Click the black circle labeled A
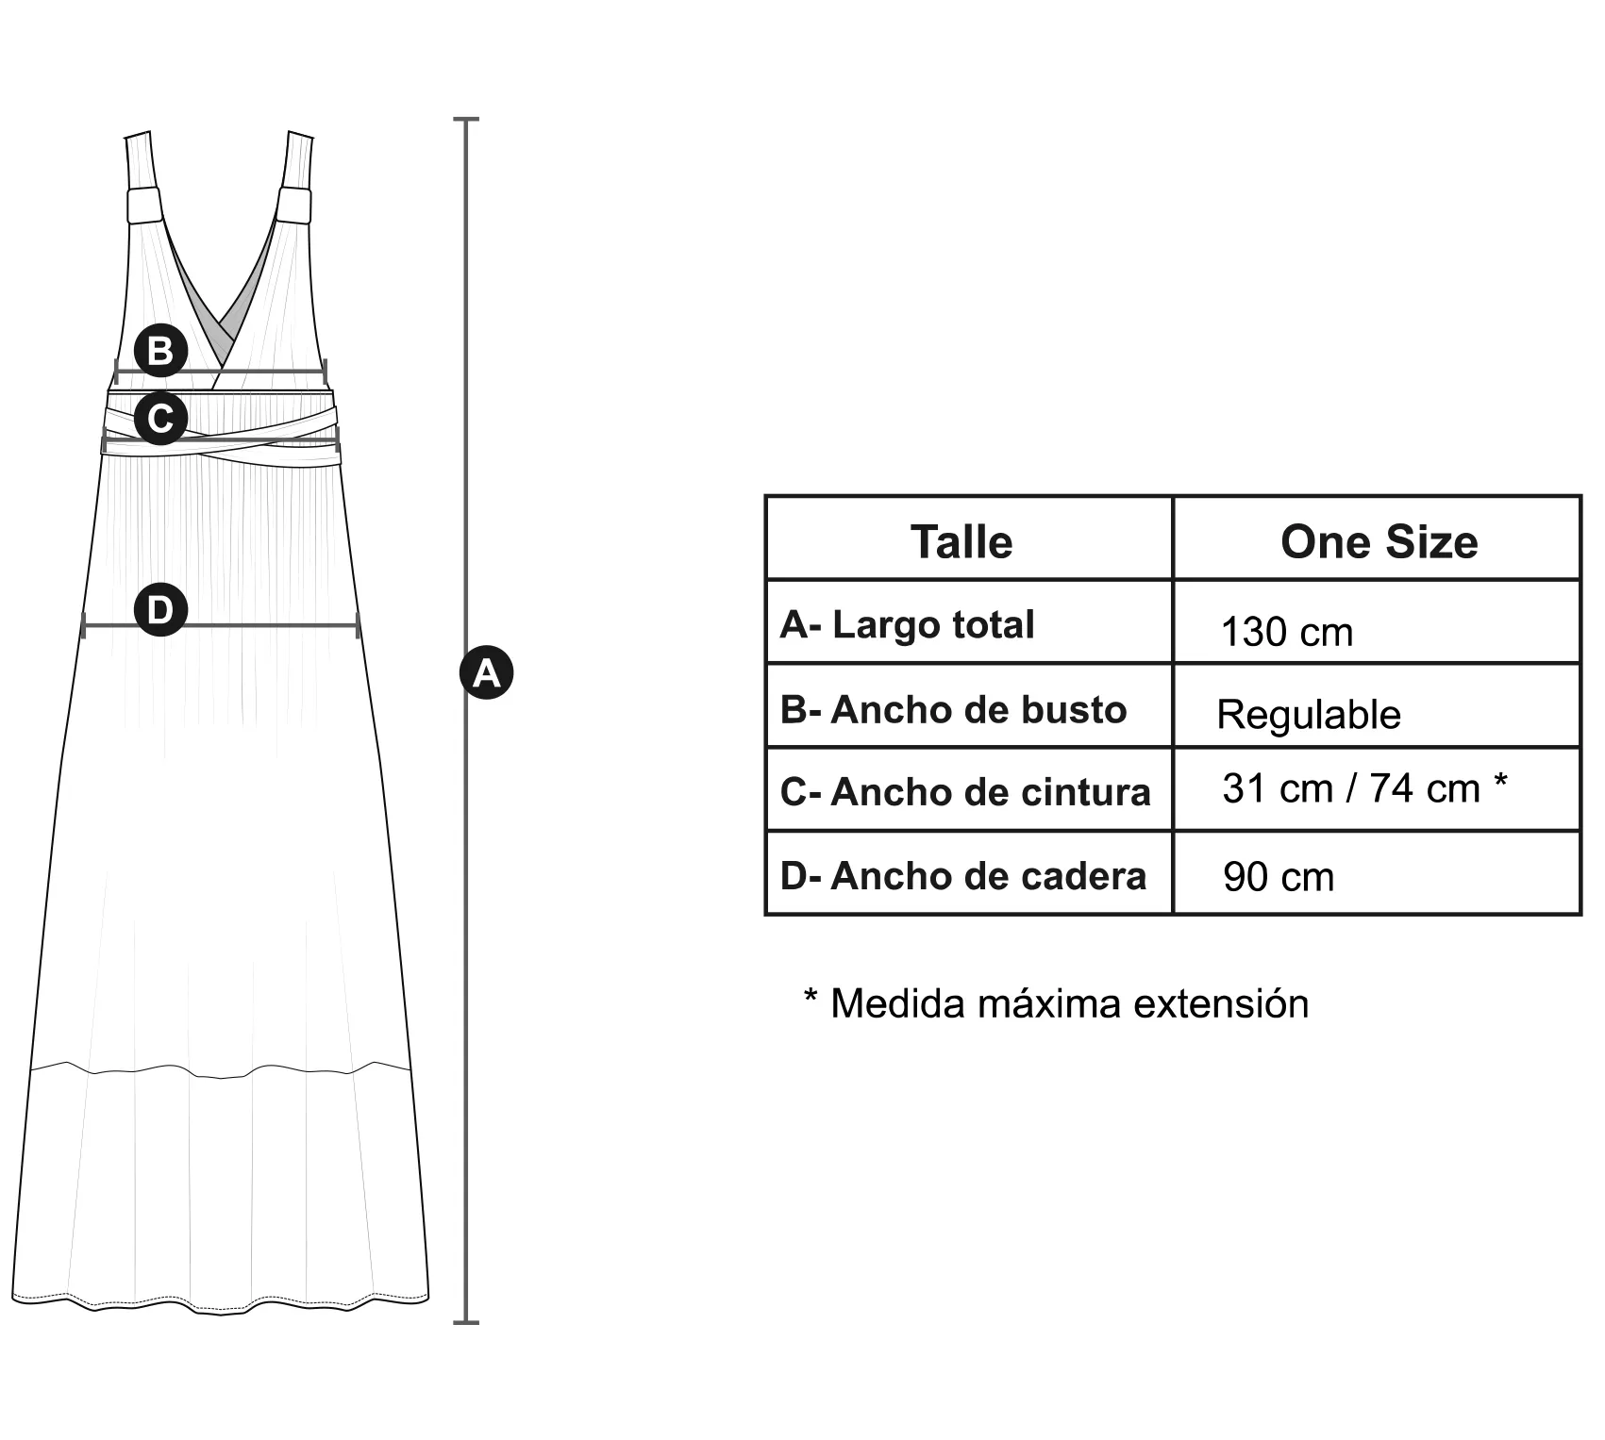coord(486,672)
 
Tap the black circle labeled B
coord(160,350)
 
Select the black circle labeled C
coord(160,417)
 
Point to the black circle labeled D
coord(160,609)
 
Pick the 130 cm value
coord(1286,632)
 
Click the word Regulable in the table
coord(1309,715)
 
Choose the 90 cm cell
coord(1279,877)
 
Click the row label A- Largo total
coord(907,624)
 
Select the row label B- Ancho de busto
coord(953,710)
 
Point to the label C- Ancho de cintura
coord(965,792)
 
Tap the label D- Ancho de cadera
coord(963,876)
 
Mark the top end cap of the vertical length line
coord(466,120)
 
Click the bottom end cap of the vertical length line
coord(466,1322)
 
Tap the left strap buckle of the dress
coord(144,207)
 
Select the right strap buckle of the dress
coord(293,207)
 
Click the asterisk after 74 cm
coord(1500,783)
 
